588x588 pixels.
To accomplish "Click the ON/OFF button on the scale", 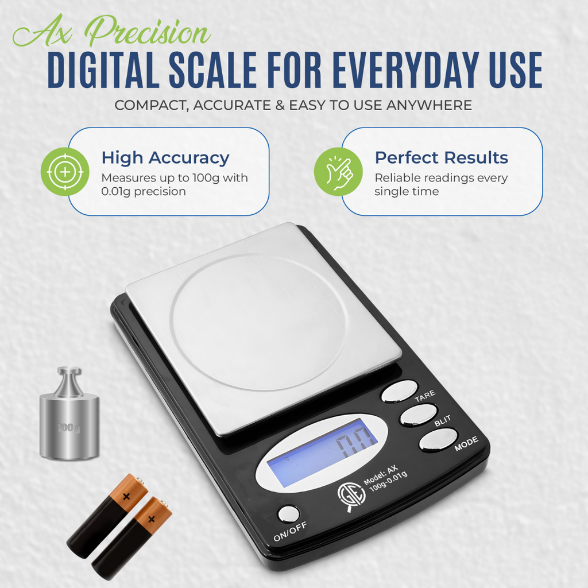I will pos(288,513).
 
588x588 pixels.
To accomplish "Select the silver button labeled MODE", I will pos(439,440).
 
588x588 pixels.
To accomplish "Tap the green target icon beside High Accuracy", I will pos(65,172).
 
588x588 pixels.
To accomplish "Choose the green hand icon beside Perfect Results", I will pos(338,172).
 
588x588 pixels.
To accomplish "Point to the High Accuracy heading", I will pos(165,158).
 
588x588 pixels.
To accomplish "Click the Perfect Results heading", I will pos(441,158).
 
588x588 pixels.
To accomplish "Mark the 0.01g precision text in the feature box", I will pos(143,192).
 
